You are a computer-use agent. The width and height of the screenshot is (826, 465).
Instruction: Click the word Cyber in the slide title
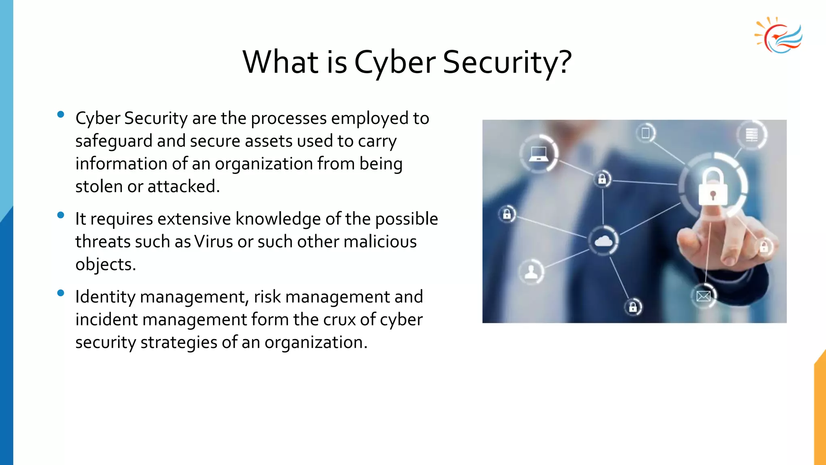pyautogui.click(x=394, y=63)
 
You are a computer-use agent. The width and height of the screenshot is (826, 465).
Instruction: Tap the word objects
pyautogui.click(x=105, y=265)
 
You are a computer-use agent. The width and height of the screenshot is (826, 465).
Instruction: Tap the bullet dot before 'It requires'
pyautogui.click(x=61, y=215)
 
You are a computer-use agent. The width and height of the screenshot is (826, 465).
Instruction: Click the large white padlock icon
pyautogui.click(x=713, y=187)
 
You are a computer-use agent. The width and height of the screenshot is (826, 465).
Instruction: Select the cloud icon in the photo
pyautogui.click(x=603, y=241)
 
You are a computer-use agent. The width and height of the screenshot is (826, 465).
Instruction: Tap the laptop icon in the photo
pyautogui.click(x=538, y=154)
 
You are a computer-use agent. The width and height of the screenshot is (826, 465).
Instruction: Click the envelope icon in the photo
pyautogui.click(x=703, y=297)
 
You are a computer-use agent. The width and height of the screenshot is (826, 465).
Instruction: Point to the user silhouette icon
pyautogui.click(x=531, y=272)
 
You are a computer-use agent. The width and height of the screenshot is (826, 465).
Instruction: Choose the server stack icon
pyautogui.click(x=751, y=134)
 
